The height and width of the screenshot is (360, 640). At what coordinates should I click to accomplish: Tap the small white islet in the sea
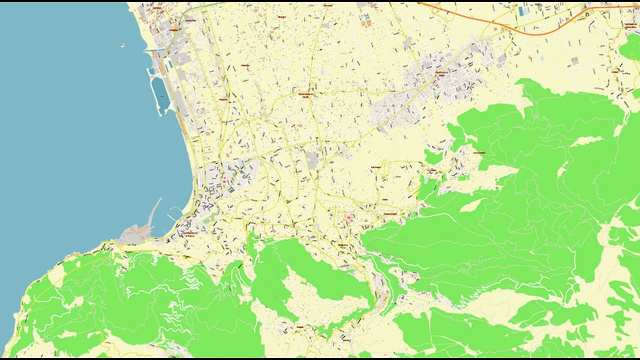pyautogui.click(x=122, y=45)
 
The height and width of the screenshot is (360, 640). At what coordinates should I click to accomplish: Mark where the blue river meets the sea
pyautogui.click(x=146, y=51)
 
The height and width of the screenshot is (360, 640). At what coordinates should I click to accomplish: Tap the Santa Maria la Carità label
pyautogui.click(x=306, y=94)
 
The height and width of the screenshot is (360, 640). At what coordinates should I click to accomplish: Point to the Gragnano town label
pyautogui.click(x=342, y=244)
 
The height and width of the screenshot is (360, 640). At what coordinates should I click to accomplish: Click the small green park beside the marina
pyautogui.click(x=210, y=217)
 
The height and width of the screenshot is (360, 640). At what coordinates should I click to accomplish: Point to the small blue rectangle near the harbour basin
pyautogui.click(x=170, y=64)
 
